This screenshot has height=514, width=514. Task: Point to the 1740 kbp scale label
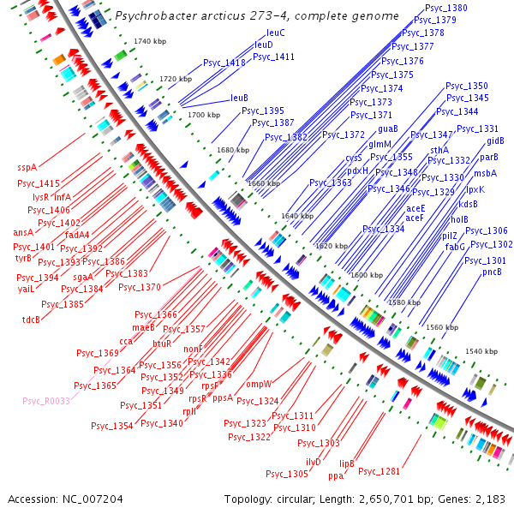pos(148,42)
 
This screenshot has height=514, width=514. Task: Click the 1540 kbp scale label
pos(481,352)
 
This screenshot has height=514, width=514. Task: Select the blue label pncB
pos(491,272)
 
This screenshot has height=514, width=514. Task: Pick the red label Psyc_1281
pos(379,471)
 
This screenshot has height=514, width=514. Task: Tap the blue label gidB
pos(495,141)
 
